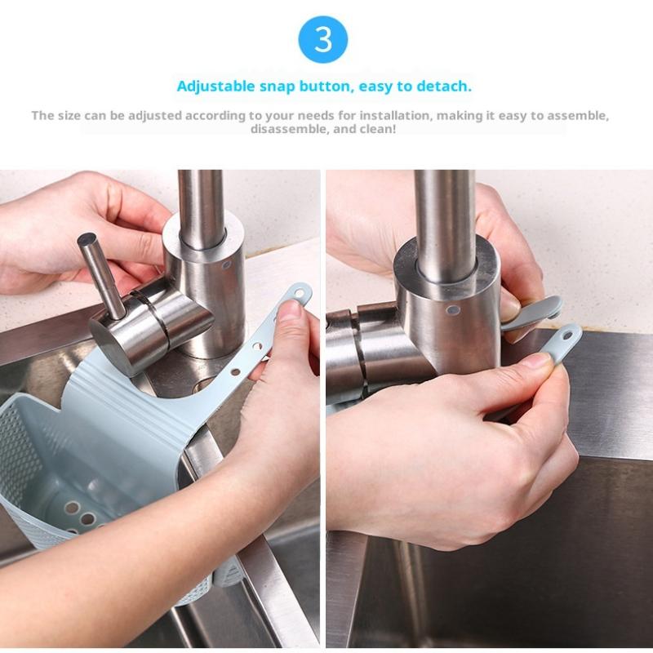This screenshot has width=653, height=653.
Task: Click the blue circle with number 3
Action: (322, 39)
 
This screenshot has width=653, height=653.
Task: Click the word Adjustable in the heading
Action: (215, 87)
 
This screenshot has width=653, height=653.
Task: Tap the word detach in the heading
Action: (444, 87)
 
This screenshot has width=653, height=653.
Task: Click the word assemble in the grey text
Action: (577, 115)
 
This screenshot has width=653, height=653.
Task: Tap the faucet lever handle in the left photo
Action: (101, 274)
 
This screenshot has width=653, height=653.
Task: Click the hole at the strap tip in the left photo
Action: (299, 294)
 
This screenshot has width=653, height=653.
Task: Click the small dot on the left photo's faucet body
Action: (226, 264)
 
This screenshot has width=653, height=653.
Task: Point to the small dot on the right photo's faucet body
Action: (453, 310)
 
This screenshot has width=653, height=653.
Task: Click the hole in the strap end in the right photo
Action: (567, 335)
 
